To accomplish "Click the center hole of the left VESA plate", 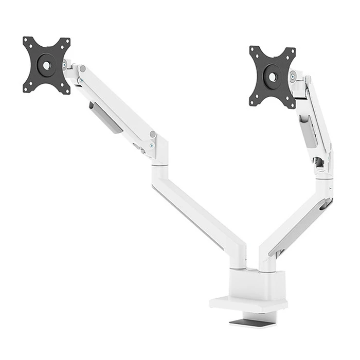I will pyautogui.click(x=46, y=65).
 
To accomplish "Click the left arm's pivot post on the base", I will pyautogui.click(x=238, y=260).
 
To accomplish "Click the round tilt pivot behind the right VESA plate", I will pyautogui.click(x=293, y=77).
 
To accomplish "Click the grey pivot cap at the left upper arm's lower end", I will pyautogui.click(x=152, y=134).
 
